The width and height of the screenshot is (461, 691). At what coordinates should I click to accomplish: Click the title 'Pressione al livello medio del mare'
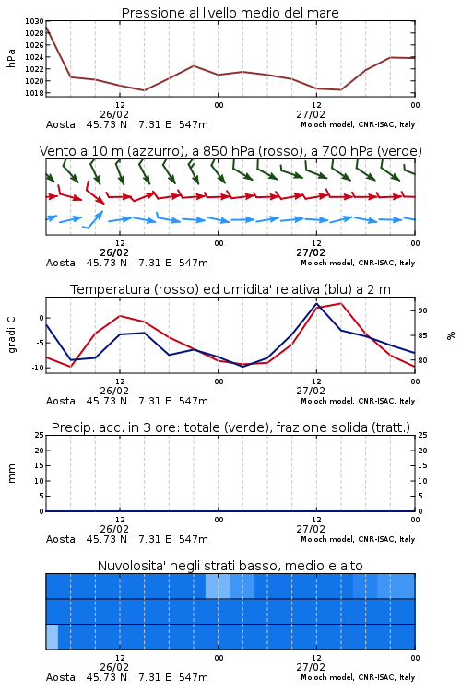[x=230, y=13]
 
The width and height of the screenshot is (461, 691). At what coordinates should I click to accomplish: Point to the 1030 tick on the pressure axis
[x=34, y=21]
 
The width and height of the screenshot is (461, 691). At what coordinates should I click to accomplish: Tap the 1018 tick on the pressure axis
[x=34, y=93]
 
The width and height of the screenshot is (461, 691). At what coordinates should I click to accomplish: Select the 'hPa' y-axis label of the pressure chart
[x=11, y=58]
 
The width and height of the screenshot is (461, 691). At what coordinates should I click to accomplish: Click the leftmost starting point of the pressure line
[x=46, y=28]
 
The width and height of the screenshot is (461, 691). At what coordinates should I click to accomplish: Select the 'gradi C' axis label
[x=11, y=334]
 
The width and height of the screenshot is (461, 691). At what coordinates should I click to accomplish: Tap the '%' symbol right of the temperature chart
[x=451, y=335]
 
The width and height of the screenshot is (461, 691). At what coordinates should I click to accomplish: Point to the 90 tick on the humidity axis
[x=422, y=310]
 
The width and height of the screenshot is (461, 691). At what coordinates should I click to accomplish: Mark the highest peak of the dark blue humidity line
[x=317, y=303]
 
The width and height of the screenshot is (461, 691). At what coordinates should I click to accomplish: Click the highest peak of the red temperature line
[x=340, y=303]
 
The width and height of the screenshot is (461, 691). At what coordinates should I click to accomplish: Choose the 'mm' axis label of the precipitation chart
[x=11, y=474]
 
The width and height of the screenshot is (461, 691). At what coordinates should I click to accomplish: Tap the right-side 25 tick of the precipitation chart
[x=422, y=435]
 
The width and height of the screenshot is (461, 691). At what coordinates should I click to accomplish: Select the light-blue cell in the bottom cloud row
[x=52, y=637]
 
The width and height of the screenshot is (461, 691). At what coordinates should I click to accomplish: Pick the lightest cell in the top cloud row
[x=218, y=586]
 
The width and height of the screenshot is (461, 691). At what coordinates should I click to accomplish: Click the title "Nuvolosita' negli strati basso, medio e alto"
[x=230, y=566]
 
